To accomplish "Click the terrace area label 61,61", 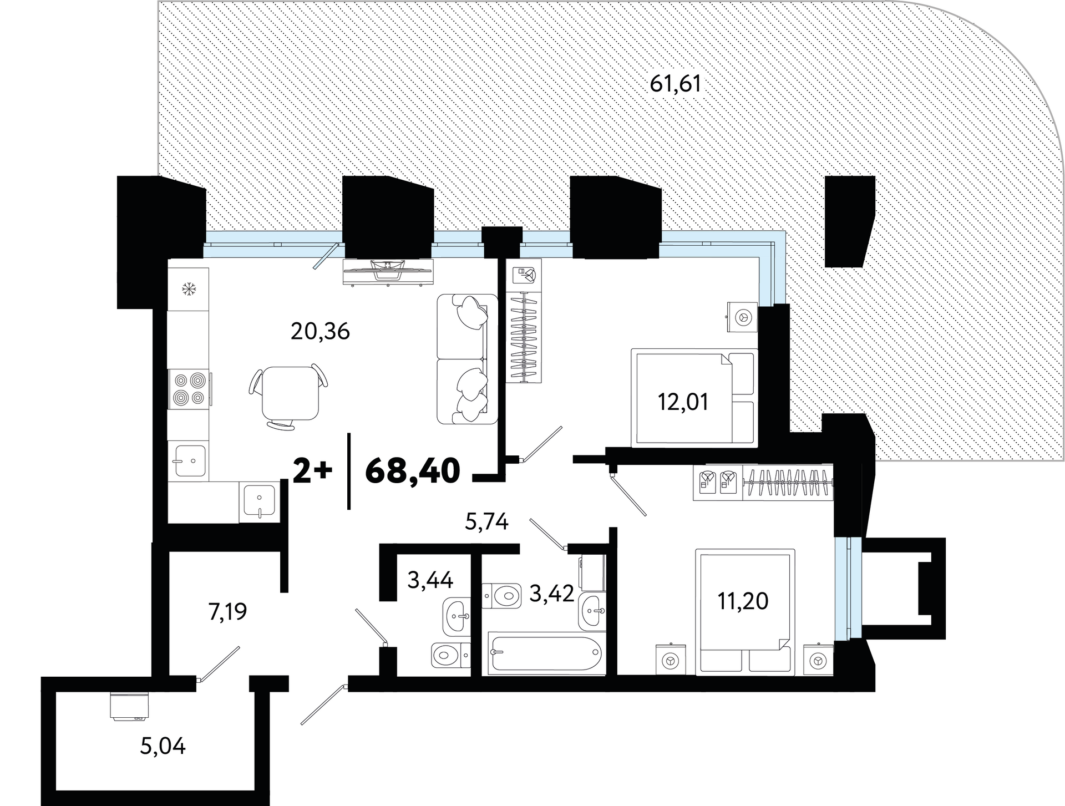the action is click(676, 84).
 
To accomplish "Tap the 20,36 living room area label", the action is click(320, 331).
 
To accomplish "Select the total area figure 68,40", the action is click(413, 471).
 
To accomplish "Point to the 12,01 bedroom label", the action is click(683, 402).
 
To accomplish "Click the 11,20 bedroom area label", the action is click(743, 601).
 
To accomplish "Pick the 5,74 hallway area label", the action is click(486, 522).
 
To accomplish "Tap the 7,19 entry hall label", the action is click(227, 612).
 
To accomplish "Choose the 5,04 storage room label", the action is click(163, 746).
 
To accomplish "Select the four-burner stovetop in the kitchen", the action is click(189, 389).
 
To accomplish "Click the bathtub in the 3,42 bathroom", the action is click(545, 655).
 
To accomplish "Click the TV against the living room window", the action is click(387, 272).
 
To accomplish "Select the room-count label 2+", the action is click(312, 472).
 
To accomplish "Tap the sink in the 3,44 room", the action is click(457, 616).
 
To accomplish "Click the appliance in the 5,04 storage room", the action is click(129, 706).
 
